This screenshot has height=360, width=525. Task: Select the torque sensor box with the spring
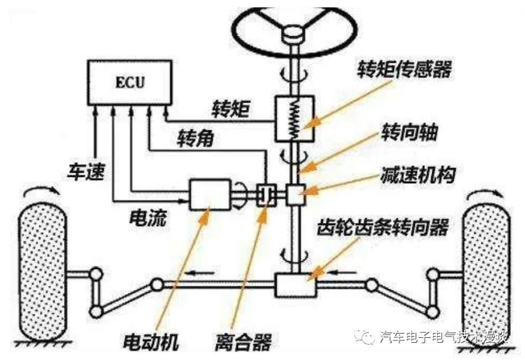[x=294, y=117]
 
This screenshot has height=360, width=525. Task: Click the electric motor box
[x=208, y=195]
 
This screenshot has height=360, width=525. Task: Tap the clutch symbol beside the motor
[x=266, y=195]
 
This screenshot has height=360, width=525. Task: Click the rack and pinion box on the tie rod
[x=295, y=285]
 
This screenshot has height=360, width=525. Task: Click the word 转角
[x=196, y=138]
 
